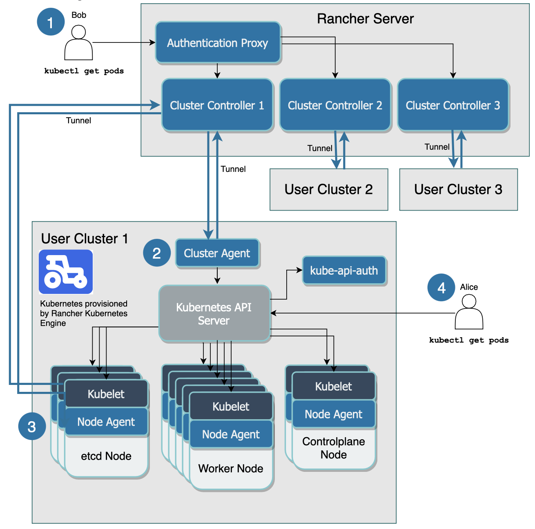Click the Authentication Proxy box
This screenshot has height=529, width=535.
218,43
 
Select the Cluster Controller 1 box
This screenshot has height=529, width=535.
217,105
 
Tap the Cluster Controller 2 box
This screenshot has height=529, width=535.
335,105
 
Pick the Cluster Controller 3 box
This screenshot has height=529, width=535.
453,105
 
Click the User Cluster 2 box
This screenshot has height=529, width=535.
329,190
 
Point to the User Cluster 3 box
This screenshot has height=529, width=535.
458,190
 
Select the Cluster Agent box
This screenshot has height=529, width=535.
217,253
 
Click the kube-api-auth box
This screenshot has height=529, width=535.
344,271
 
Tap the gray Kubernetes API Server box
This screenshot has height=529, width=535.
214,313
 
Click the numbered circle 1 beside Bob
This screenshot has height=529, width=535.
51,22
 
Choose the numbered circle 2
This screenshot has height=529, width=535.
156,253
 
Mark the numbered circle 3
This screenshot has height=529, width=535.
32,427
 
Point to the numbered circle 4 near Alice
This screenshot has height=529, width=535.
441,288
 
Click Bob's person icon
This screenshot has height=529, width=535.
78,43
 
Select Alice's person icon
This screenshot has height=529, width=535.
469,312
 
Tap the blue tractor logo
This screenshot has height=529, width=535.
66,272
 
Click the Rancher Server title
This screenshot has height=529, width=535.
365,19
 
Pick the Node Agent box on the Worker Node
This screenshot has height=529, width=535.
231,434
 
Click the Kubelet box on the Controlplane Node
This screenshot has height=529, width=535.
333,387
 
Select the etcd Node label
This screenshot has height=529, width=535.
106,456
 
